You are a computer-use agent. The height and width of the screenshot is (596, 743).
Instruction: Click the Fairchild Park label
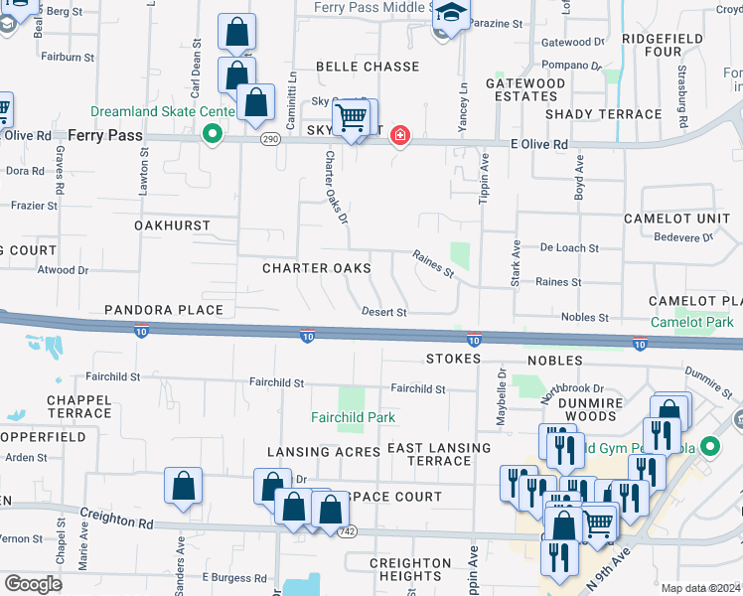353,417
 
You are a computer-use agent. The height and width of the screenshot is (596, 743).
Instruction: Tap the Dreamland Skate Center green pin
212,134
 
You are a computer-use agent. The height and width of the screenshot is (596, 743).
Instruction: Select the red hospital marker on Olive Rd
399,135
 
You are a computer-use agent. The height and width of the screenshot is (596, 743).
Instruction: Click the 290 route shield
270,140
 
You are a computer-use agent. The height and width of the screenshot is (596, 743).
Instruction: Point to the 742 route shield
346,531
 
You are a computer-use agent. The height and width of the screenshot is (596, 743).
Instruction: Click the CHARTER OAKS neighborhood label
316,268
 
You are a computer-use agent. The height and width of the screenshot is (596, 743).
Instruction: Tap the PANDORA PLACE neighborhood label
165,310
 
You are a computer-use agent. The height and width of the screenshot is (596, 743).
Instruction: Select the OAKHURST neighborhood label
173,225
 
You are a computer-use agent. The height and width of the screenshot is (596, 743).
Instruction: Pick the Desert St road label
384,312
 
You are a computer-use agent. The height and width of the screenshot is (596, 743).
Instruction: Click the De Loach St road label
569,247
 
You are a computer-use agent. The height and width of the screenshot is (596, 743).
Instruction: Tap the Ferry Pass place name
105,134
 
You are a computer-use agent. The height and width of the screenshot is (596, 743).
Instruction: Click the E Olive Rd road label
538,144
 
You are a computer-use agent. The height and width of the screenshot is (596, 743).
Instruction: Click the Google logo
33,584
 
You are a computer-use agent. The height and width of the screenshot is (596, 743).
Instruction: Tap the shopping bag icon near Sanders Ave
184,487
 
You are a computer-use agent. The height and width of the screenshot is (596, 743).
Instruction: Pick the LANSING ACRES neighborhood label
323,452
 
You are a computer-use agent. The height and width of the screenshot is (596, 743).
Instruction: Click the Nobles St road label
584,317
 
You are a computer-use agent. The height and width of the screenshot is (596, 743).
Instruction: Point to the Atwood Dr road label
63,269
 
